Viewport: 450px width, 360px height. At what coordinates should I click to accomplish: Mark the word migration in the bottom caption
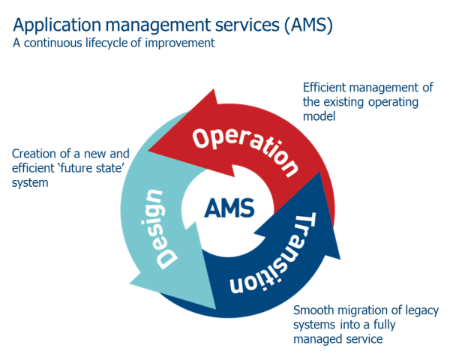tap(361, 310)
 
